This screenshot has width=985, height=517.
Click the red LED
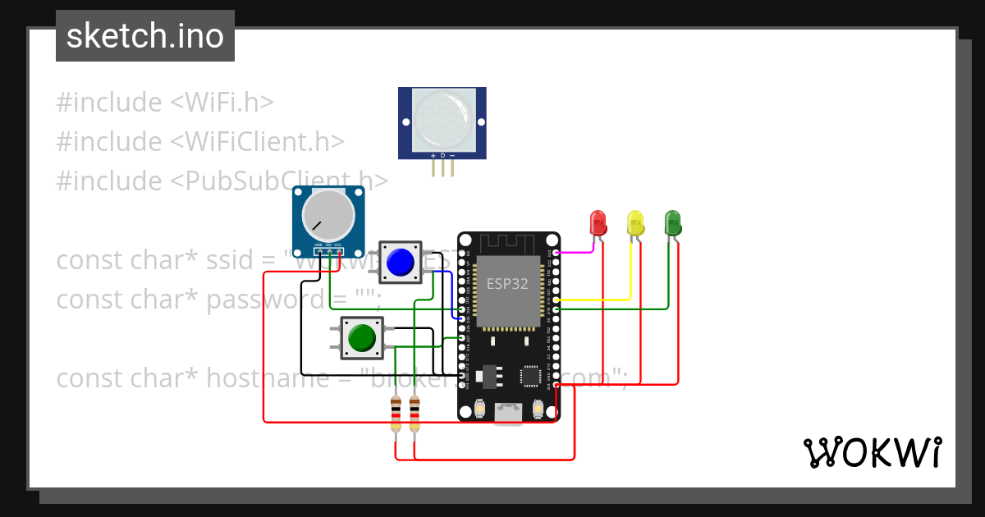598,222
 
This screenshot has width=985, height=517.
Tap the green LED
672,222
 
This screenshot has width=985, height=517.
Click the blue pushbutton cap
400,262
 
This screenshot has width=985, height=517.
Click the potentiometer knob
328,215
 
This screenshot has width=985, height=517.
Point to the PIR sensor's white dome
442,118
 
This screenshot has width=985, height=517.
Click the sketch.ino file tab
145,36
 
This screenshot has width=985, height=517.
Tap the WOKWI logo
872,452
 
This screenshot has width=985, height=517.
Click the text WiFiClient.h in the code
257,142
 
